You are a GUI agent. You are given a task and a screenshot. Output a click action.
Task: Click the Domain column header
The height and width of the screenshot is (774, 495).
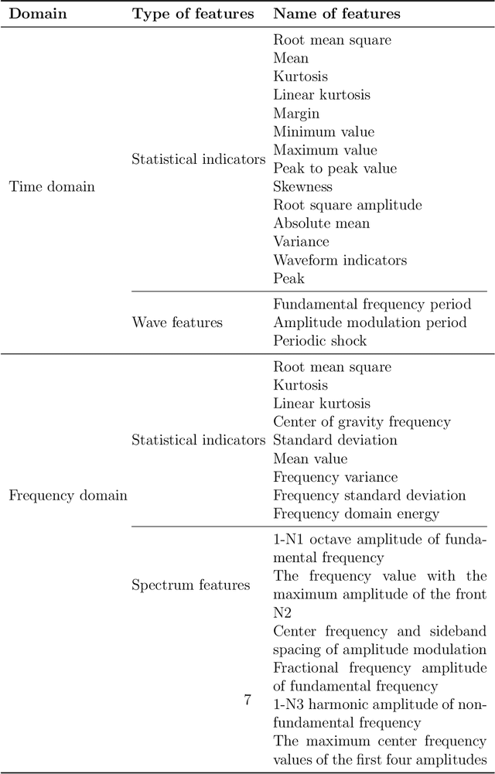(37, 13)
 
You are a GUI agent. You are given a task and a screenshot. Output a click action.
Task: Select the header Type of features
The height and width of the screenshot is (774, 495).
(193, 13)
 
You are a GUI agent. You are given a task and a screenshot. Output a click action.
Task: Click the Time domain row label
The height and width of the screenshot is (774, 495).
(51, 186)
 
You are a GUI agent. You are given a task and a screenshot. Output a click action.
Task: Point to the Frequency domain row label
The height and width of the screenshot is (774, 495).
(67, 496)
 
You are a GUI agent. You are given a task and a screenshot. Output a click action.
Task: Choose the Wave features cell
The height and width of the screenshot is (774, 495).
(177, 322)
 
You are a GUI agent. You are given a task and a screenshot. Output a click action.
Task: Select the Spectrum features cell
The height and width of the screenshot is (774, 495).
(190, 585)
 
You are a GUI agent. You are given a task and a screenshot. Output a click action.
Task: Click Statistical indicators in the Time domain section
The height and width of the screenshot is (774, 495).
(198, 159)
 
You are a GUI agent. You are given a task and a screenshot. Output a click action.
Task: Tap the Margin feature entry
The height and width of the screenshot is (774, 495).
(296, 114)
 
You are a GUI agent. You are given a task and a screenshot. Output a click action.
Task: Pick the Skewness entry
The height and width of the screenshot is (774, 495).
(302, 187)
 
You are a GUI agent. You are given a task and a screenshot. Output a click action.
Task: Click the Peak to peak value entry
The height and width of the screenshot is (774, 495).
(335, 169)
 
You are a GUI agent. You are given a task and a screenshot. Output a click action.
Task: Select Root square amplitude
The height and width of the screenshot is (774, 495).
(347, 205)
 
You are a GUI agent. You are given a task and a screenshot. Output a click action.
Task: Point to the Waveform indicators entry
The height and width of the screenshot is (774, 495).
(340, 261)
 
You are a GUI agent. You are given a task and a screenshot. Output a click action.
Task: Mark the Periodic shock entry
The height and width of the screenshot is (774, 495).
(319, 341)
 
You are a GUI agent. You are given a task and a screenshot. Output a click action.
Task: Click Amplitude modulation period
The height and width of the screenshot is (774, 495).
(370, 322)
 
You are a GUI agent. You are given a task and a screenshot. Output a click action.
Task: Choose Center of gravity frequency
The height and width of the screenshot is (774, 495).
(361, 422)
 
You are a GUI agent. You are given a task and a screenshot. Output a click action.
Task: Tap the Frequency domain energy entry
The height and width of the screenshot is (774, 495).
(356, 514)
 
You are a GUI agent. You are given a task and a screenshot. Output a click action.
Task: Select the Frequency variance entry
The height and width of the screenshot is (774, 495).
(335, 477)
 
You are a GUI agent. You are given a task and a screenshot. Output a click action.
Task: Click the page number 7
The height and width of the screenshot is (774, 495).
(247, 701)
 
